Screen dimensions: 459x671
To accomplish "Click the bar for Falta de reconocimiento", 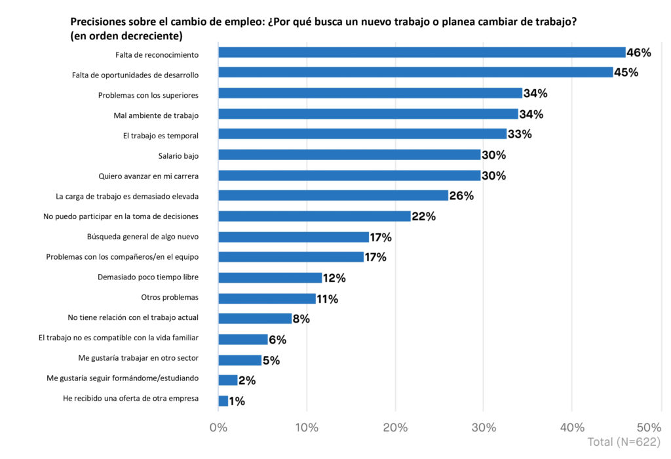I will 421,52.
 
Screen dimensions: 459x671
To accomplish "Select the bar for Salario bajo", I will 349,155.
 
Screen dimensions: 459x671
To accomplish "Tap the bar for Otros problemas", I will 267,298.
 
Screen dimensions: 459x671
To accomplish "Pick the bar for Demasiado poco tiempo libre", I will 270,277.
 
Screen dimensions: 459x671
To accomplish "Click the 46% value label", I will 638,52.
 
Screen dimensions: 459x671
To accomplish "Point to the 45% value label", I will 626,73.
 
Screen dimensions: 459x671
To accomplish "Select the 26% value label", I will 461,196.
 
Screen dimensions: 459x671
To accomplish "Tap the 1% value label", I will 237,401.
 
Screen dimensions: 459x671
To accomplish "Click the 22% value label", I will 423,216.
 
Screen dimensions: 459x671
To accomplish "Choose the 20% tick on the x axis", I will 395,428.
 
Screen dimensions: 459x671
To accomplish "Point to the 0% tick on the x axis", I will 218,428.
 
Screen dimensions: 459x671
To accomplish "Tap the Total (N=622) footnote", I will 624,442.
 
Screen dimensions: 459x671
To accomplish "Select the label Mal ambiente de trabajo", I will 156,115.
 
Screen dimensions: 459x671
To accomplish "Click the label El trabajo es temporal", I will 161,136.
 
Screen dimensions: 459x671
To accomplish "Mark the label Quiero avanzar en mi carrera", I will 148,176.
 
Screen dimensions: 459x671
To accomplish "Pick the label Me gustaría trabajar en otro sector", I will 138,359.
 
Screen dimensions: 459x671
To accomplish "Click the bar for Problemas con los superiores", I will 370,93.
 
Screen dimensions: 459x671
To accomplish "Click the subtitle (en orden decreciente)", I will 126,36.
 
